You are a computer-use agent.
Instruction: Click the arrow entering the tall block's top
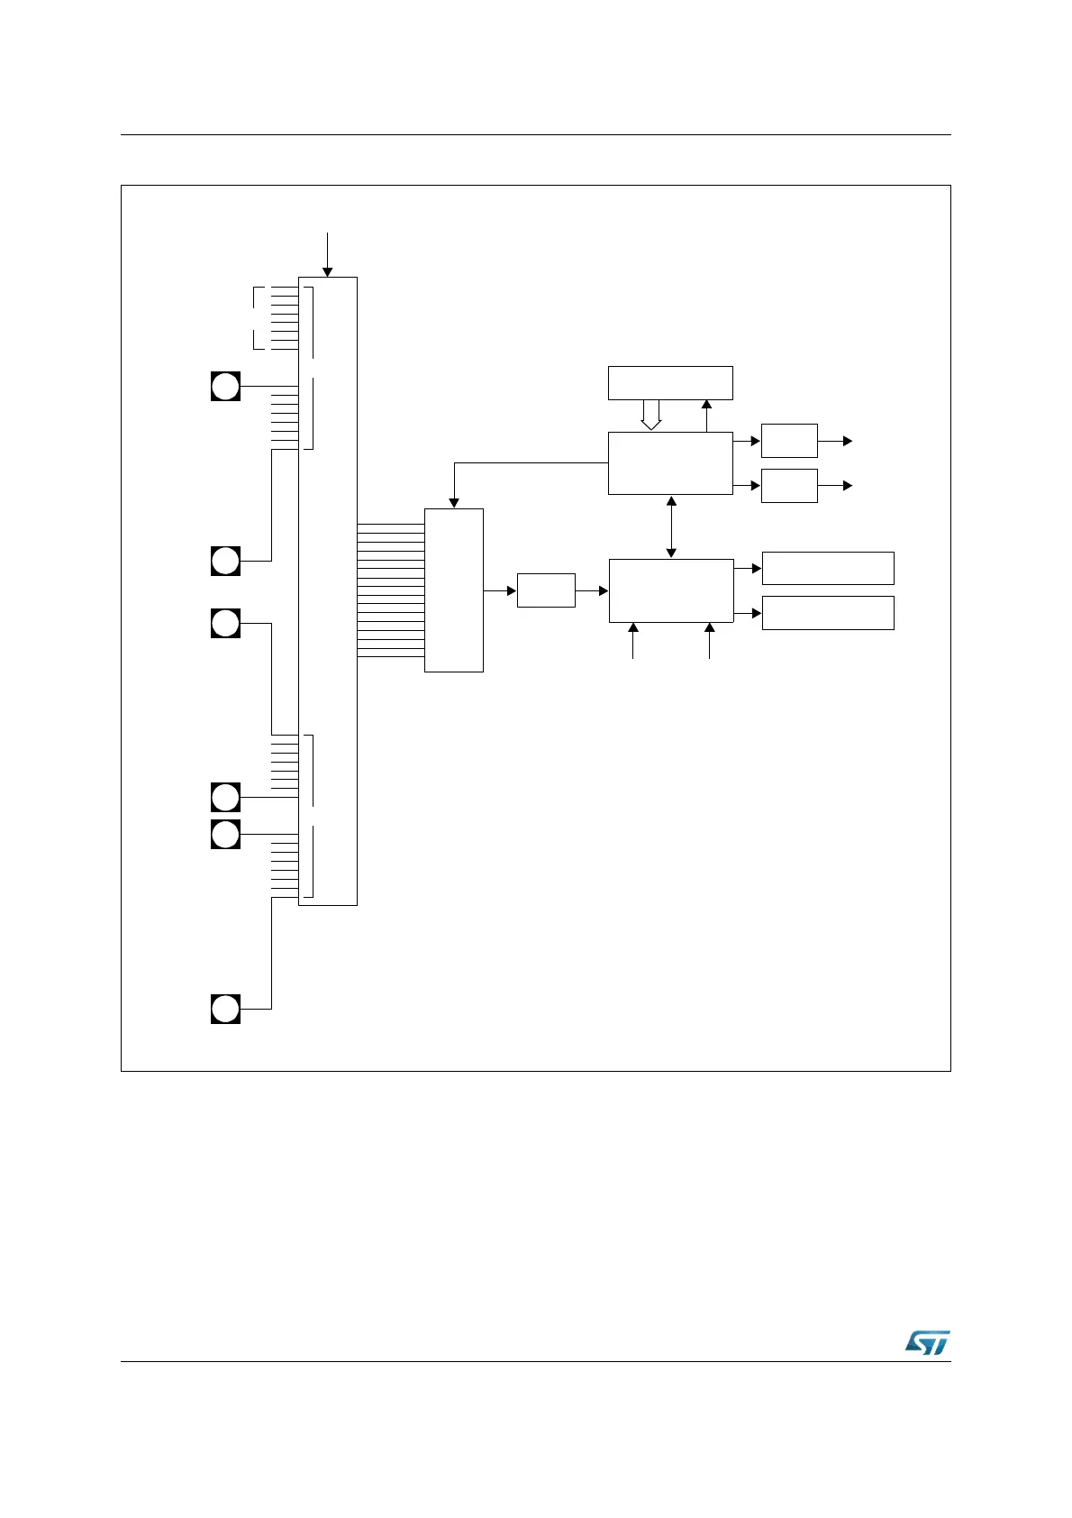328,254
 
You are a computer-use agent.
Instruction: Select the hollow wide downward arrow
650,415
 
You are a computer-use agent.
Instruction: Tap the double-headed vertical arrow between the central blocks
671,526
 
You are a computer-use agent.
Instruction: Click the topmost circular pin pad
225,386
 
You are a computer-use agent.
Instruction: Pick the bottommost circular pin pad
225,1009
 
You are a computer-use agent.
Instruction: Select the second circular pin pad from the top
225,561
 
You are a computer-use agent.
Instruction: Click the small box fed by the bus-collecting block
546,590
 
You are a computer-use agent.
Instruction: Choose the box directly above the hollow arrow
670,383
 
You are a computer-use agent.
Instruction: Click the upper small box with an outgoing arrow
789,441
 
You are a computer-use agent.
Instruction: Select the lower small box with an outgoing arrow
789,486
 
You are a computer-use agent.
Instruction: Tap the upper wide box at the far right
828,568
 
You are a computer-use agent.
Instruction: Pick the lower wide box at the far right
828,613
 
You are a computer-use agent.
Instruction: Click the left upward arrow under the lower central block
633,640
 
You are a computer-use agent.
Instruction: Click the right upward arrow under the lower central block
710,640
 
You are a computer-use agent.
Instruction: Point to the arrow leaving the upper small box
835,441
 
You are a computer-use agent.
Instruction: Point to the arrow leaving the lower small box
835,486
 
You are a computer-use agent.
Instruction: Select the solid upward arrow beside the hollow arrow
707,416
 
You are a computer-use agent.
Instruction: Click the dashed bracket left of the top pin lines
259,317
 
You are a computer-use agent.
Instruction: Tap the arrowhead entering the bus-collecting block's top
455,502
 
